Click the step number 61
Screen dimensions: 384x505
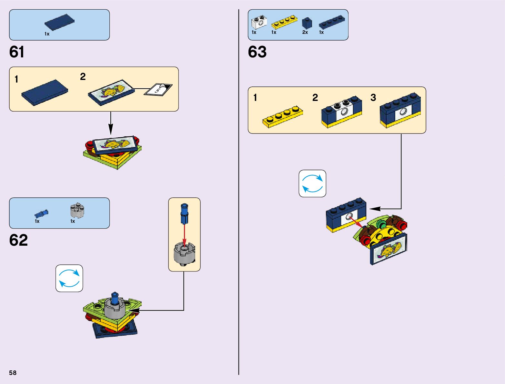17,52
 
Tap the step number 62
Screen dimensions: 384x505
18,240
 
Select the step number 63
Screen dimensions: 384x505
257,52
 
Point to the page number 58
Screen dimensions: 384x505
13,373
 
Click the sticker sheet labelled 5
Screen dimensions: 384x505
158,89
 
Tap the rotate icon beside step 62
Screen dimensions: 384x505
69,278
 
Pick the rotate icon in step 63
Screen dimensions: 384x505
312,183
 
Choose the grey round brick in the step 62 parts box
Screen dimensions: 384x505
77,211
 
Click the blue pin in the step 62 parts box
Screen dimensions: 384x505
41,213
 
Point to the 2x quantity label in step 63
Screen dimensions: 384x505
305,32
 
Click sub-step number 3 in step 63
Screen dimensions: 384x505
373,98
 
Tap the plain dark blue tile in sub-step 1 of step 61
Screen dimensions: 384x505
45,92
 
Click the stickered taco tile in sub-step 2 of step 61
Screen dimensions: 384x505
111,92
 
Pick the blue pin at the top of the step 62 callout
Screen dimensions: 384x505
184,213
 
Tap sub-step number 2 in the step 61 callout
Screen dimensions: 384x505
83,77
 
